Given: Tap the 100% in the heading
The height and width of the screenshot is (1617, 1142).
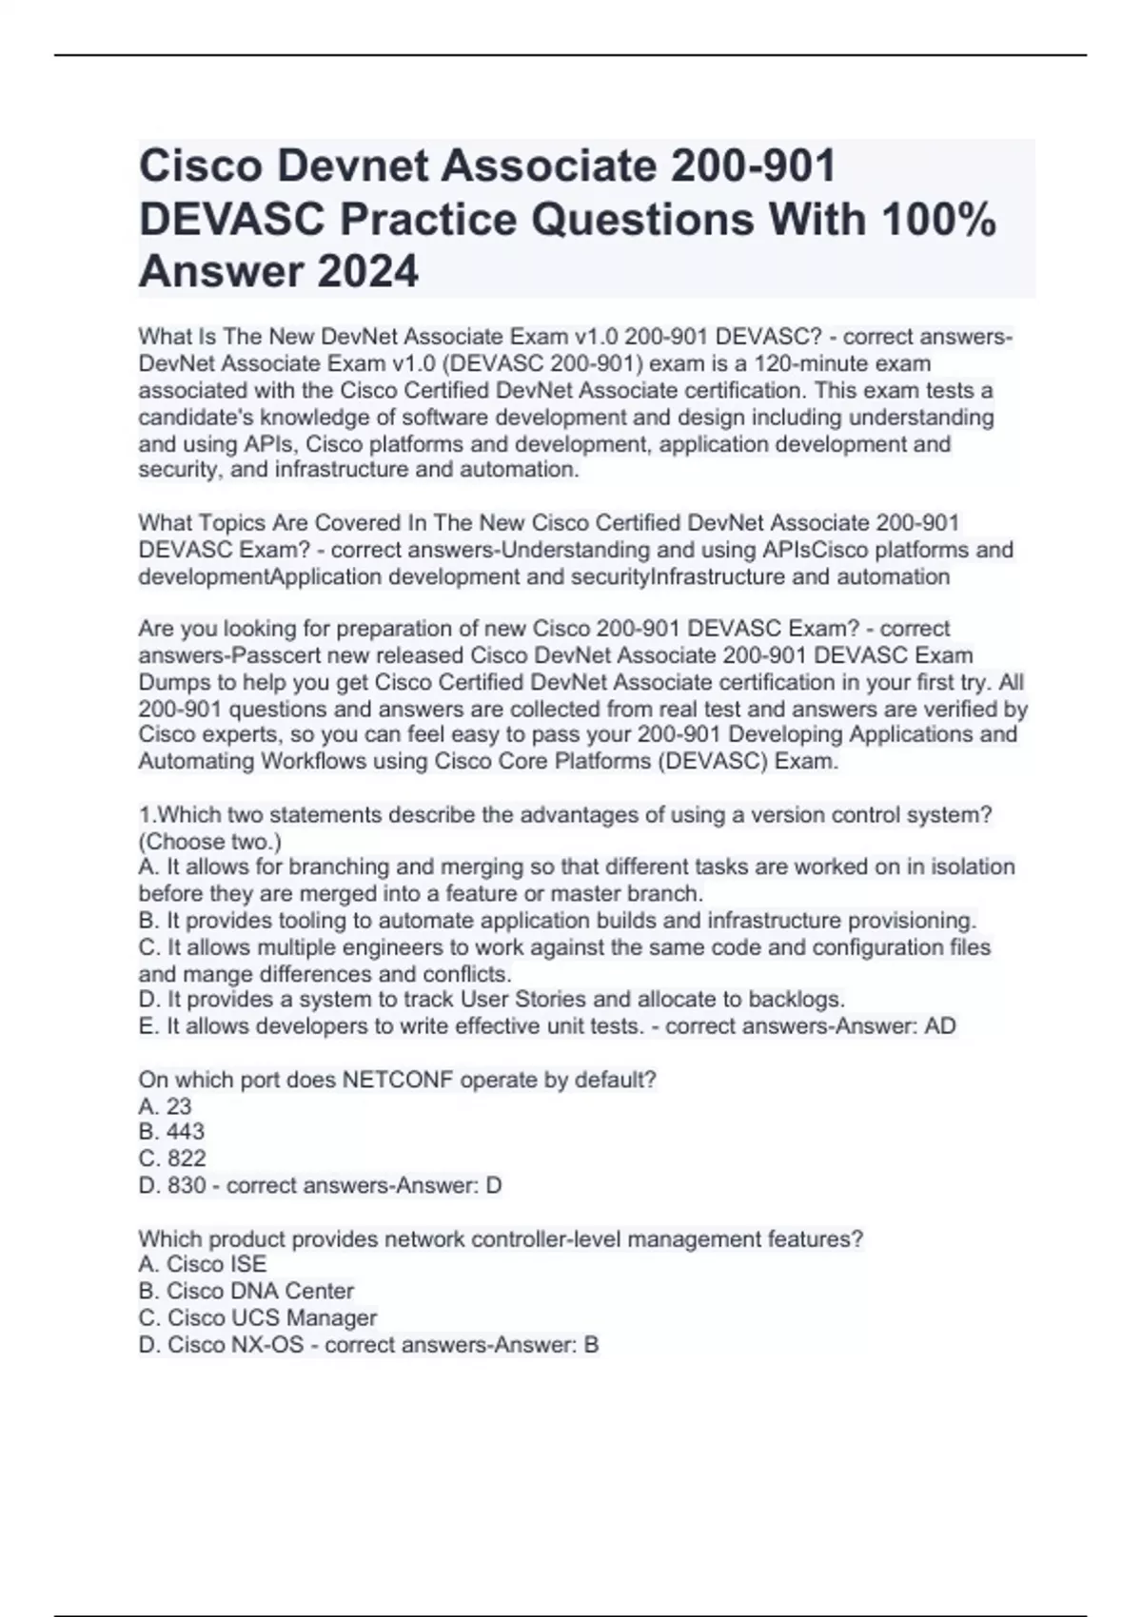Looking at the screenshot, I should click(x=938, y=219).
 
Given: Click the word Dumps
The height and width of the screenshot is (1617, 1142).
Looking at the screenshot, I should click(x=172, y=682).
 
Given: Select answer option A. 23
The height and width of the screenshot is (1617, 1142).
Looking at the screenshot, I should click(x=165, y=1106).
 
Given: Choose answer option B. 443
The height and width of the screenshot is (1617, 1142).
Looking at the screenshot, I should click(x=171, y=1132).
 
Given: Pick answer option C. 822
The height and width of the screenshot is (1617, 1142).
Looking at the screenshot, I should click(x=172, y=1159).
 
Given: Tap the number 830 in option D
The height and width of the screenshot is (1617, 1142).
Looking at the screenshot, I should click(x=187, y=1185).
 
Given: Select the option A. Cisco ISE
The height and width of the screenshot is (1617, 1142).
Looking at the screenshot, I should click(x=203, y=1264).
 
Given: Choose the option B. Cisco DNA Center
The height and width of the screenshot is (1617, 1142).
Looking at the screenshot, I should click(x=246, y=1291).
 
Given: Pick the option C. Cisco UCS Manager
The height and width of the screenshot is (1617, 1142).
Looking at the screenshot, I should click(x=257, y=1317).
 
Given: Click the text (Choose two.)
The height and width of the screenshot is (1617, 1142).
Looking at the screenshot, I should click(x=209, y=842).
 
